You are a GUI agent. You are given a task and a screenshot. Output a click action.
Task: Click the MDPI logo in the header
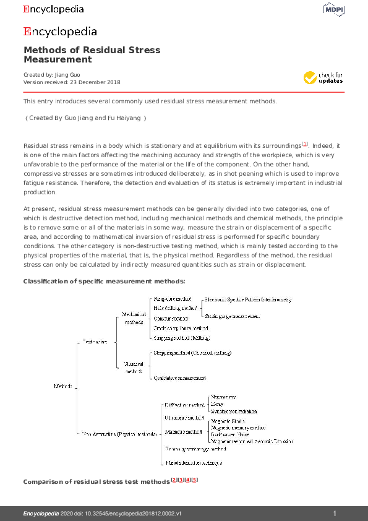[x=333, y=9]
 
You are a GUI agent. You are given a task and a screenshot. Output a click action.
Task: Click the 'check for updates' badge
[x=323, y=78]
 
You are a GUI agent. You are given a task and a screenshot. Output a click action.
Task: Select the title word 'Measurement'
[x=58, y=60]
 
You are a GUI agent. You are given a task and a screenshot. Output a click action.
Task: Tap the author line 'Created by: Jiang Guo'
[x=51, y=75]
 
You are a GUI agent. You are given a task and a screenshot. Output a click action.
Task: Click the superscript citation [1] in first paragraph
[x=304, y=144]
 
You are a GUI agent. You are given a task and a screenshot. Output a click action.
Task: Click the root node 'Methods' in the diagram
[x=63, y=386]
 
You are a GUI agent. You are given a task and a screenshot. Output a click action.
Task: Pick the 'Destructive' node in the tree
[x=95, y=341]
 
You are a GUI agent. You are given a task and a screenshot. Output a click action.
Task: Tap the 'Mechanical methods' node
[x=134, y=318]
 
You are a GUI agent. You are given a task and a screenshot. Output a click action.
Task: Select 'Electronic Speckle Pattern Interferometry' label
[x=247, y=299]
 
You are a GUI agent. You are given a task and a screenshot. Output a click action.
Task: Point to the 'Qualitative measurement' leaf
[x=179, y=378]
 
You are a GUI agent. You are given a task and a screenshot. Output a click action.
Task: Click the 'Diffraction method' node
[x=184, y=405]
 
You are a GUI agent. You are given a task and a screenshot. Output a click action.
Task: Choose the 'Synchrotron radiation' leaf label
[x=234, y=411]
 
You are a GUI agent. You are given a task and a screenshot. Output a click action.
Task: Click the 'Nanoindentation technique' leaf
[x=193, y=463]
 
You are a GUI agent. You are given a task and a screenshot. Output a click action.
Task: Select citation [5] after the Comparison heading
[x=195, y=480]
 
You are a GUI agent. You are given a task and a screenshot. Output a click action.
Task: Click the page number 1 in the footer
[x=335, y=514]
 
